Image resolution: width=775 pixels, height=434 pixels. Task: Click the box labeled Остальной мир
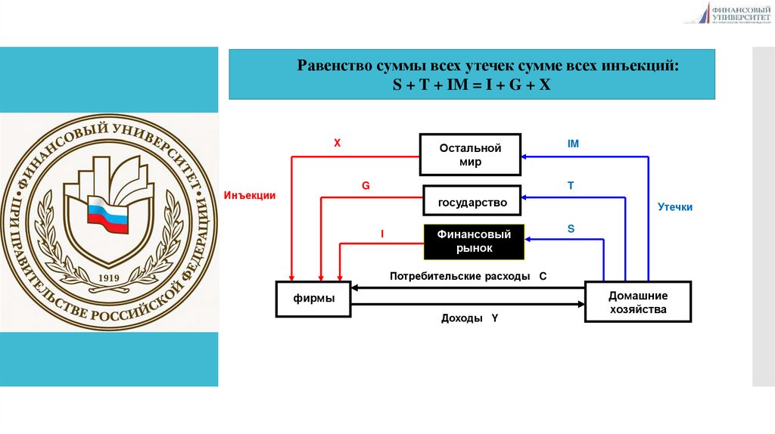(x=471, y=155)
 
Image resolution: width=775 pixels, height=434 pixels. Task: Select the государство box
(x=472, y=203)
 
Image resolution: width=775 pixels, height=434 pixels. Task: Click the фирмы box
(x=313, y=299)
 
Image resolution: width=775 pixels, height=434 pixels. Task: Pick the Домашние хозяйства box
(x=637, y=302)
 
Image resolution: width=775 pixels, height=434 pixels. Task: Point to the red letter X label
(x=338, y=142)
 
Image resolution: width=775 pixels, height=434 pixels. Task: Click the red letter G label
(x=366, y=185)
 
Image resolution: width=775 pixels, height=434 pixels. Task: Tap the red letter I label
(x=382, y=234)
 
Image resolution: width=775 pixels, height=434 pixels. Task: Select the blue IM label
(x=573, y=143)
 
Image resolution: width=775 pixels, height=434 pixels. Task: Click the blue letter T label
(x=571, y=185)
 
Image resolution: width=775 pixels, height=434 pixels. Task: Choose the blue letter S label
(x=571, y=228)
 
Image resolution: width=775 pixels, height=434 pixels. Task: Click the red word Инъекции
(x=250, y=196)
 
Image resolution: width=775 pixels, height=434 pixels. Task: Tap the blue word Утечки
(x=675, y=206)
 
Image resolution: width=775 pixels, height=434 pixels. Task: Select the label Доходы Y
(x=469, y=318)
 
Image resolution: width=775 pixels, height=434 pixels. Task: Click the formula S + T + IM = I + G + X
(x=471, y=85)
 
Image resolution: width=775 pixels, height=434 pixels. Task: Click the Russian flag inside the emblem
(x=107, y=213)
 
